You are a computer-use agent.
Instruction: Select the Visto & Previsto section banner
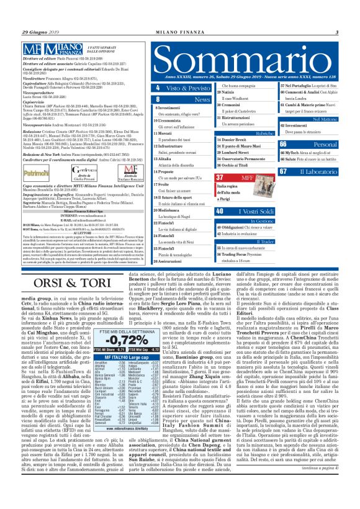(x=180, y=88)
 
